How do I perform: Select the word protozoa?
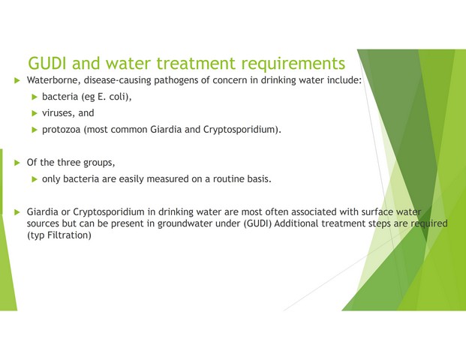click(62, 130)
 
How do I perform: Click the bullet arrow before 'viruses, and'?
click(35, 113)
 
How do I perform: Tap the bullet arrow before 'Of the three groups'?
click(17, 163)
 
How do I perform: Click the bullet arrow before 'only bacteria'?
click(35, 179)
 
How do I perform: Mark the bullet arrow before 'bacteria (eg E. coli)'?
click(35, 97)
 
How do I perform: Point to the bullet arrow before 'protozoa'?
click(35, 130)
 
